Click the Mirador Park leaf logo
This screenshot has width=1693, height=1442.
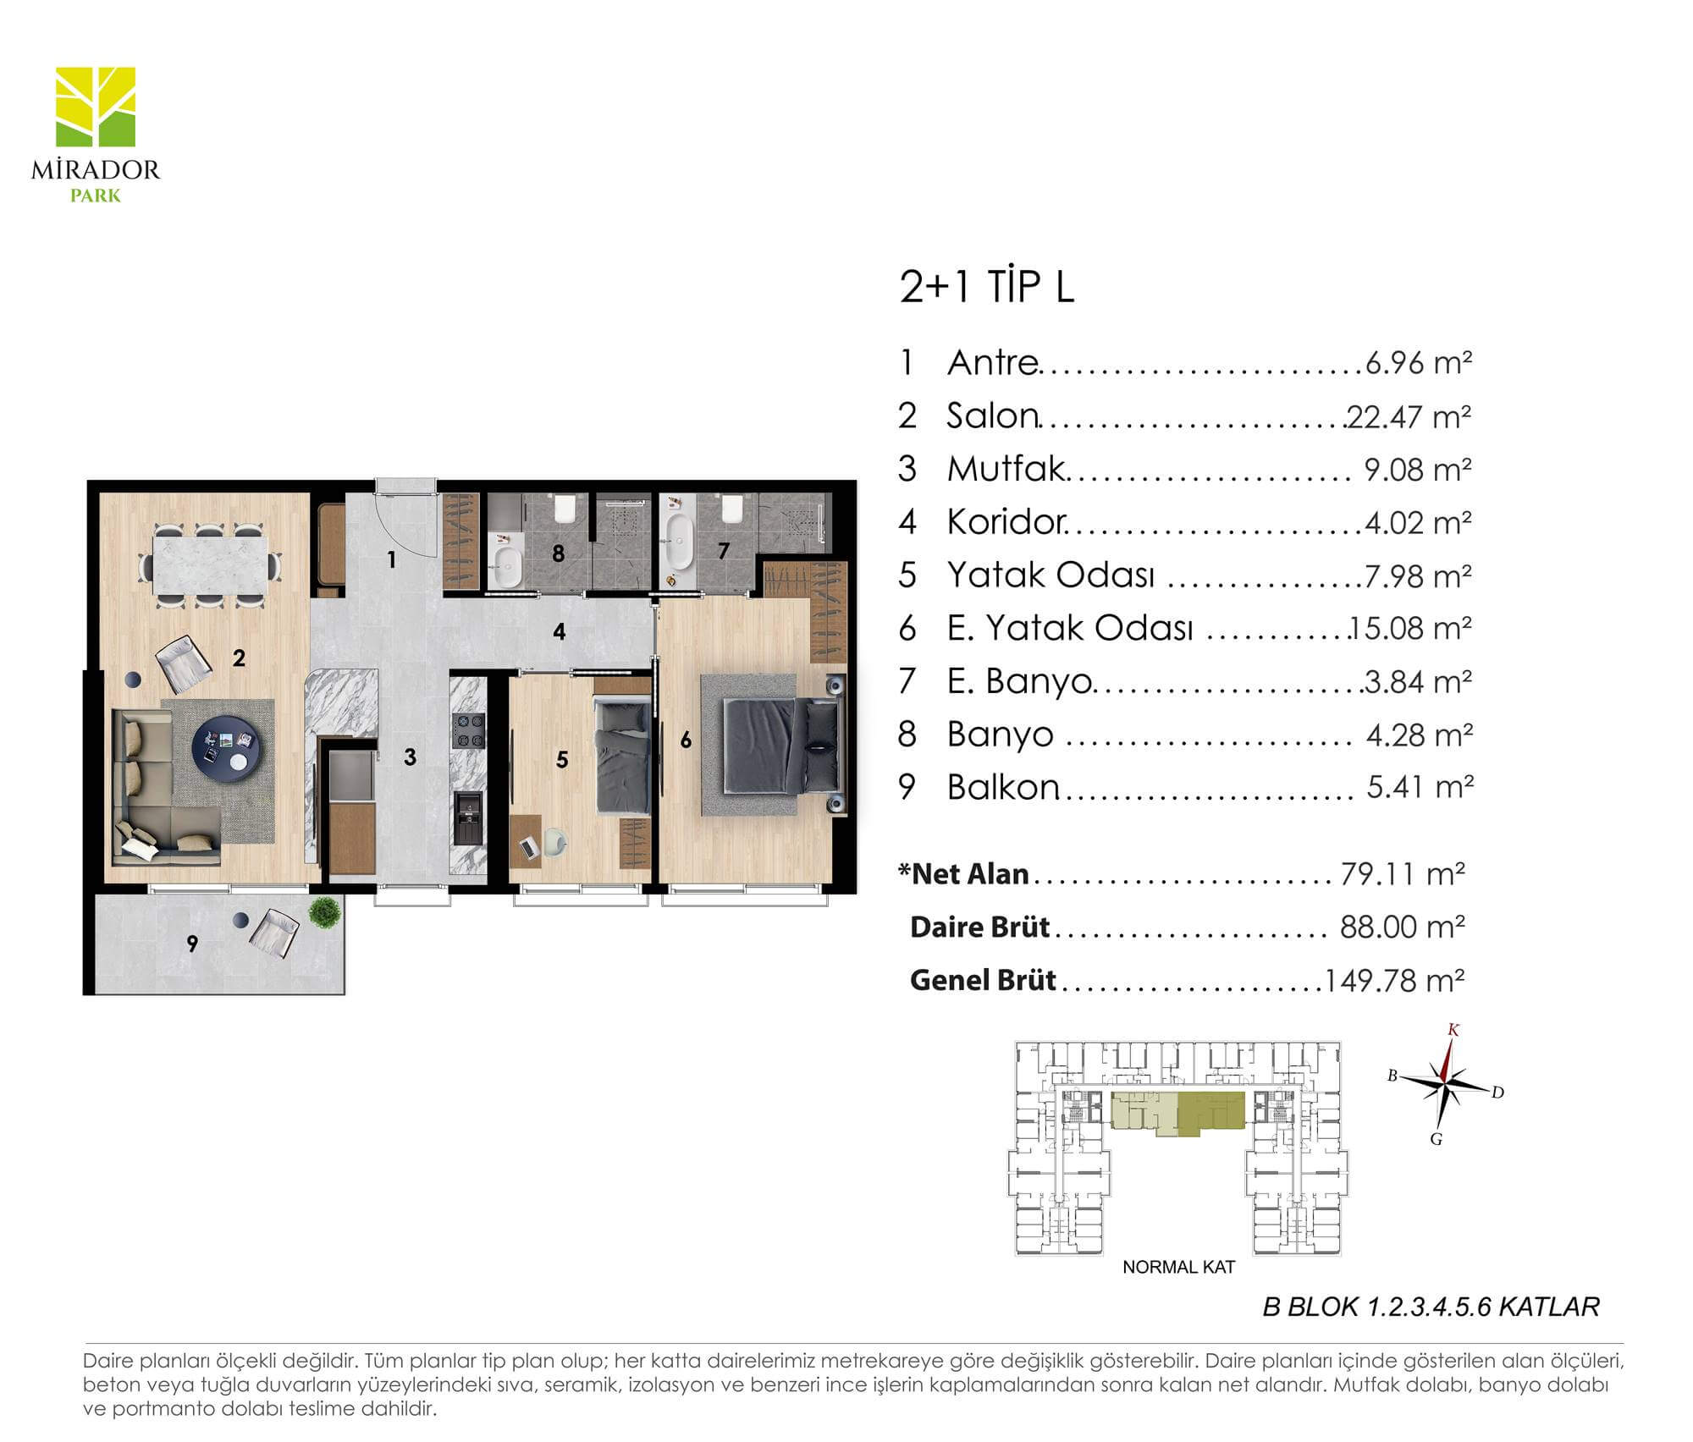95,107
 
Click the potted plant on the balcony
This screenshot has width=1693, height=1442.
324,911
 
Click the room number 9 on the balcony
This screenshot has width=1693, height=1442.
192,943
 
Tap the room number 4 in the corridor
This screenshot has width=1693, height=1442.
559,631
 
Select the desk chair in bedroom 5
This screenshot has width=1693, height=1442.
554,843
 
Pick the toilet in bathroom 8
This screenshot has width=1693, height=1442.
565,508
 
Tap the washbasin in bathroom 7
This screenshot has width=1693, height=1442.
678,542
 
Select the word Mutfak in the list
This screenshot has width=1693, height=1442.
1005,468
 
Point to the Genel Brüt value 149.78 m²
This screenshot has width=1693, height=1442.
1394,980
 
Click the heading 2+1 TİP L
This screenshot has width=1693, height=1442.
986,287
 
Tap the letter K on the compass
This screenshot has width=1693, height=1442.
1453,1030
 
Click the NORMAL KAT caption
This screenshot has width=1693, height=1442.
1178,1267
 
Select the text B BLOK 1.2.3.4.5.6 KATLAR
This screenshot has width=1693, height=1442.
1431,1307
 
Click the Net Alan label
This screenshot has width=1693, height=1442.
963,873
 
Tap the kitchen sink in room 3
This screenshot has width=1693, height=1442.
467,817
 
